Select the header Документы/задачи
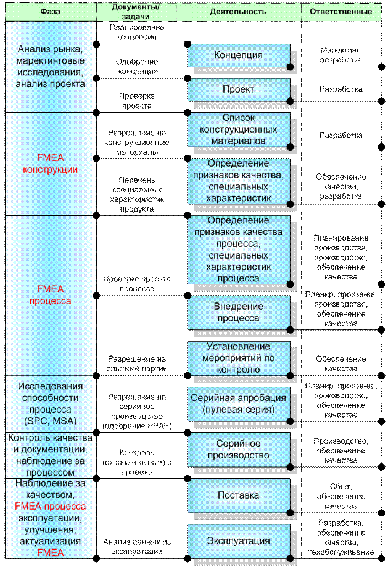point(136,10)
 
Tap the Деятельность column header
point(238,11)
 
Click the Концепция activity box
point(238,55)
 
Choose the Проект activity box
point(238,89)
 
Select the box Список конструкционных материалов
point(238,129)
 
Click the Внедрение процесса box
point(238,312)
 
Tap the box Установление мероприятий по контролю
point(238,358)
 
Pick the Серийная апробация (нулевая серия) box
point(238,404)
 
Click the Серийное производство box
point(238,449)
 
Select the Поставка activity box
point(238,495)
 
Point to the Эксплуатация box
point(238,541)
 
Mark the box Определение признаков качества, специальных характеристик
point(238,181)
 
